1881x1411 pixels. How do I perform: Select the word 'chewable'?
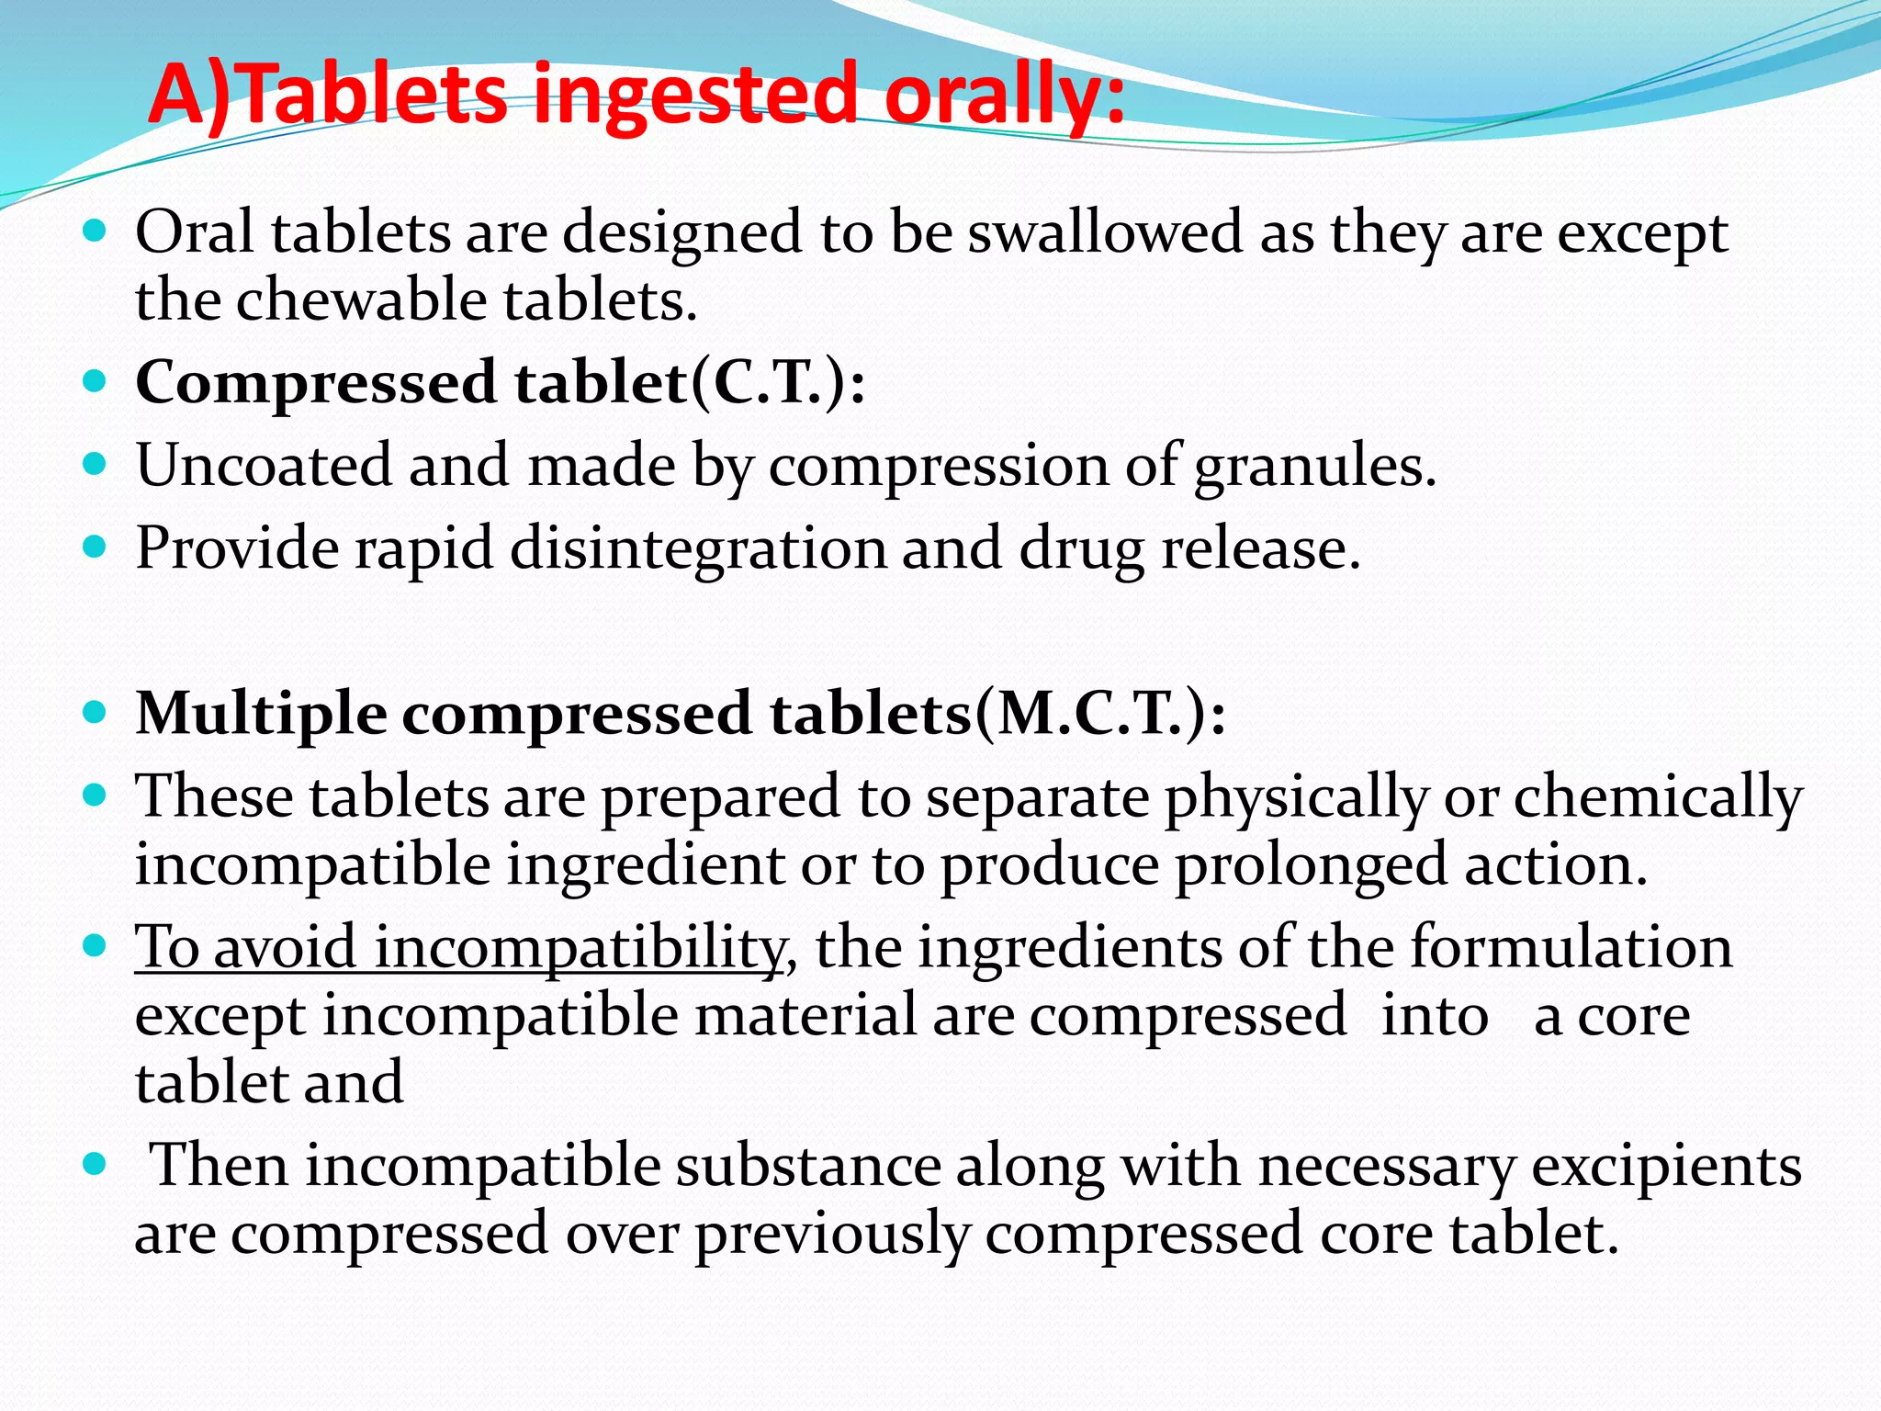coord(361,300)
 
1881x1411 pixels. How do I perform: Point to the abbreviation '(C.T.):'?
coord(777,382)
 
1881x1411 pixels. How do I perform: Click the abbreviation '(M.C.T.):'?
coord(1098,714)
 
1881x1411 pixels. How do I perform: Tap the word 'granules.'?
coord(1314,467)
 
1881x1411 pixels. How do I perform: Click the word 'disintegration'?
coord(699,548)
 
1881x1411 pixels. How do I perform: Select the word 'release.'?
coord(1260,548)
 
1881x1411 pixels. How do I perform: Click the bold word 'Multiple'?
coord(261,714)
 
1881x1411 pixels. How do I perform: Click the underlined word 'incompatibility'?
coord(580,947)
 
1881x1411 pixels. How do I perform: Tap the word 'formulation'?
coord(1571,947)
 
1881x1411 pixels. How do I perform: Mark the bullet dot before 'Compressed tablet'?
coord(95,381)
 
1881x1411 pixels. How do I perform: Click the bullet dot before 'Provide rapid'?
coord(95,547)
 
